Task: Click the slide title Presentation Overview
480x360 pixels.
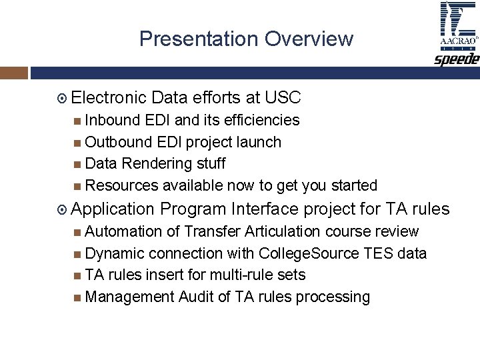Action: coord(246,39)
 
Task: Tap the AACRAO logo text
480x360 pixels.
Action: coord(458,41)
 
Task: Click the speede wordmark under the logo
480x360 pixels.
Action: coord(457,59)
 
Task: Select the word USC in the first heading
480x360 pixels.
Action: coord(283,98)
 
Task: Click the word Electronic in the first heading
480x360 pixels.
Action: coord(108,98)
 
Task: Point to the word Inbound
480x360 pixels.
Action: coord(112,120)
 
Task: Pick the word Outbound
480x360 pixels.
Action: coord(117,142)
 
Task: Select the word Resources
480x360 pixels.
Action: coord(122,185)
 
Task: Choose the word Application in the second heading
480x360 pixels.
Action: coord(112,209)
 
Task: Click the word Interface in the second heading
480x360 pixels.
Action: coord(264,209)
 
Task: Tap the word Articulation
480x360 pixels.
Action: coord(285,231)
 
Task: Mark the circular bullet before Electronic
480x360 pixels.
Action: coord(62,99)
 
